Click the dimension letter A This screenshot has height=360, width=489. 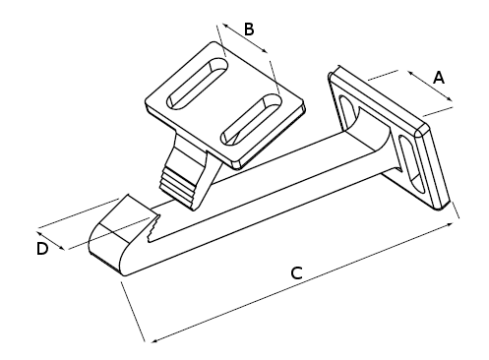click(x=439, y=78)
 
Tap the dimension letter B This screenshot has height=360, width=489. click(x=249, y=29)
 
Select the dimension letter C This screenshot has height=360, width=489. click(x=296, y=273)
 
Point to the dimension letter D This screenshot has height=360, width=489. click(x=42, y=249)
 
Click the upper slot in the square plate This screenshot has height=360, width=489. click(x=198, y=84)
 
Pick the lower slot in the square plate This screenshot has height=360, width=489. click(x=252, y=120)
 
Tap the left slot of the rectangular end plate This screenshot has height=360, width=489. click(x=348, y=112)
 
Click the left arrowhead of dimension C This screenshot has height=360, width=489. click(x=154, y=340)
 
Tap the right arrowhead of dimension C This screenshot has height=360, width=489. click(x=450, y=224)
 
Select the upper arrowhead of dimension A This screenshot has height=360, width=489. click(x=411, y=74)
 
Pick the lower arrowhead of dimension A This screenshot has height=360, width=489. click(x=450, y=98)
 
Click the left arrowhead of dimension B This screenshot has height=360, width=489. click(x=225, y=26)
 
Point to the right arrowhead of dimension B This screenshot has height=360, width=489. click(x=265, y=50)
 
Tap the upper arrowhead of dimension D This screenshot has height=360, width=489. click(x=39, y=234)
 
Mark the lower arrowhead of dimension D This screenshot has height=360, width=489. click(x=61, y=247)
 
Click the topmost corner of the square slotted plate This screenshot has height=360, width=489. click(x=214, y=41)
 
